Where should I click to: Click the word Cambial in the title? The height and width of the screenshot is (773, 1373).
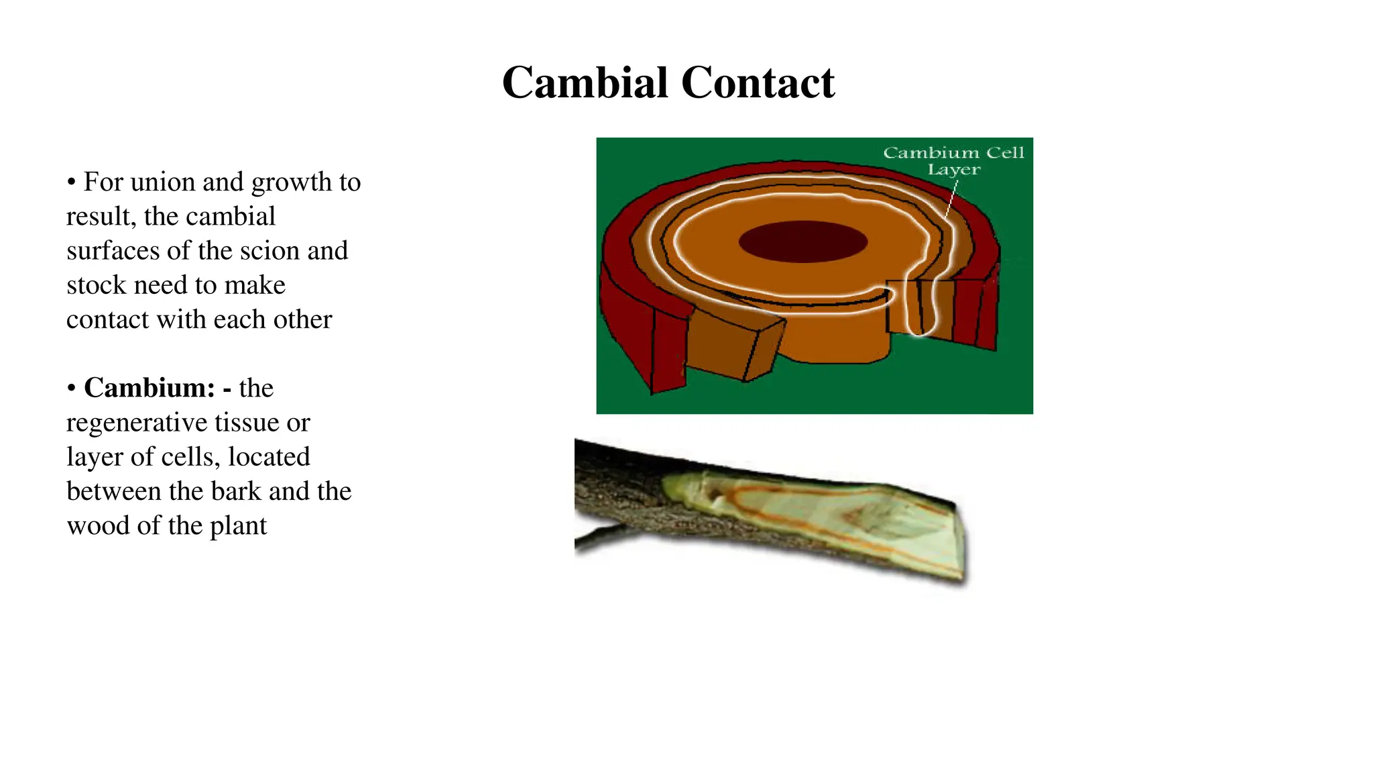[585, 83]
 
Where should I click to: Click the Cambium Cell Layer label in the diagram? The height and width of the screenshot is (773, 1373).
[953, 161]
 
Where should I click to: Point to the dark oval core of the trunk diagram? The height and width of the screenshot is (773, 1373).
[802, 242]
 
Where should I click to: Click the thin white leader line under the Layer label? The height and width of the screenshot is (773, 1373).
[951, 199]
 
